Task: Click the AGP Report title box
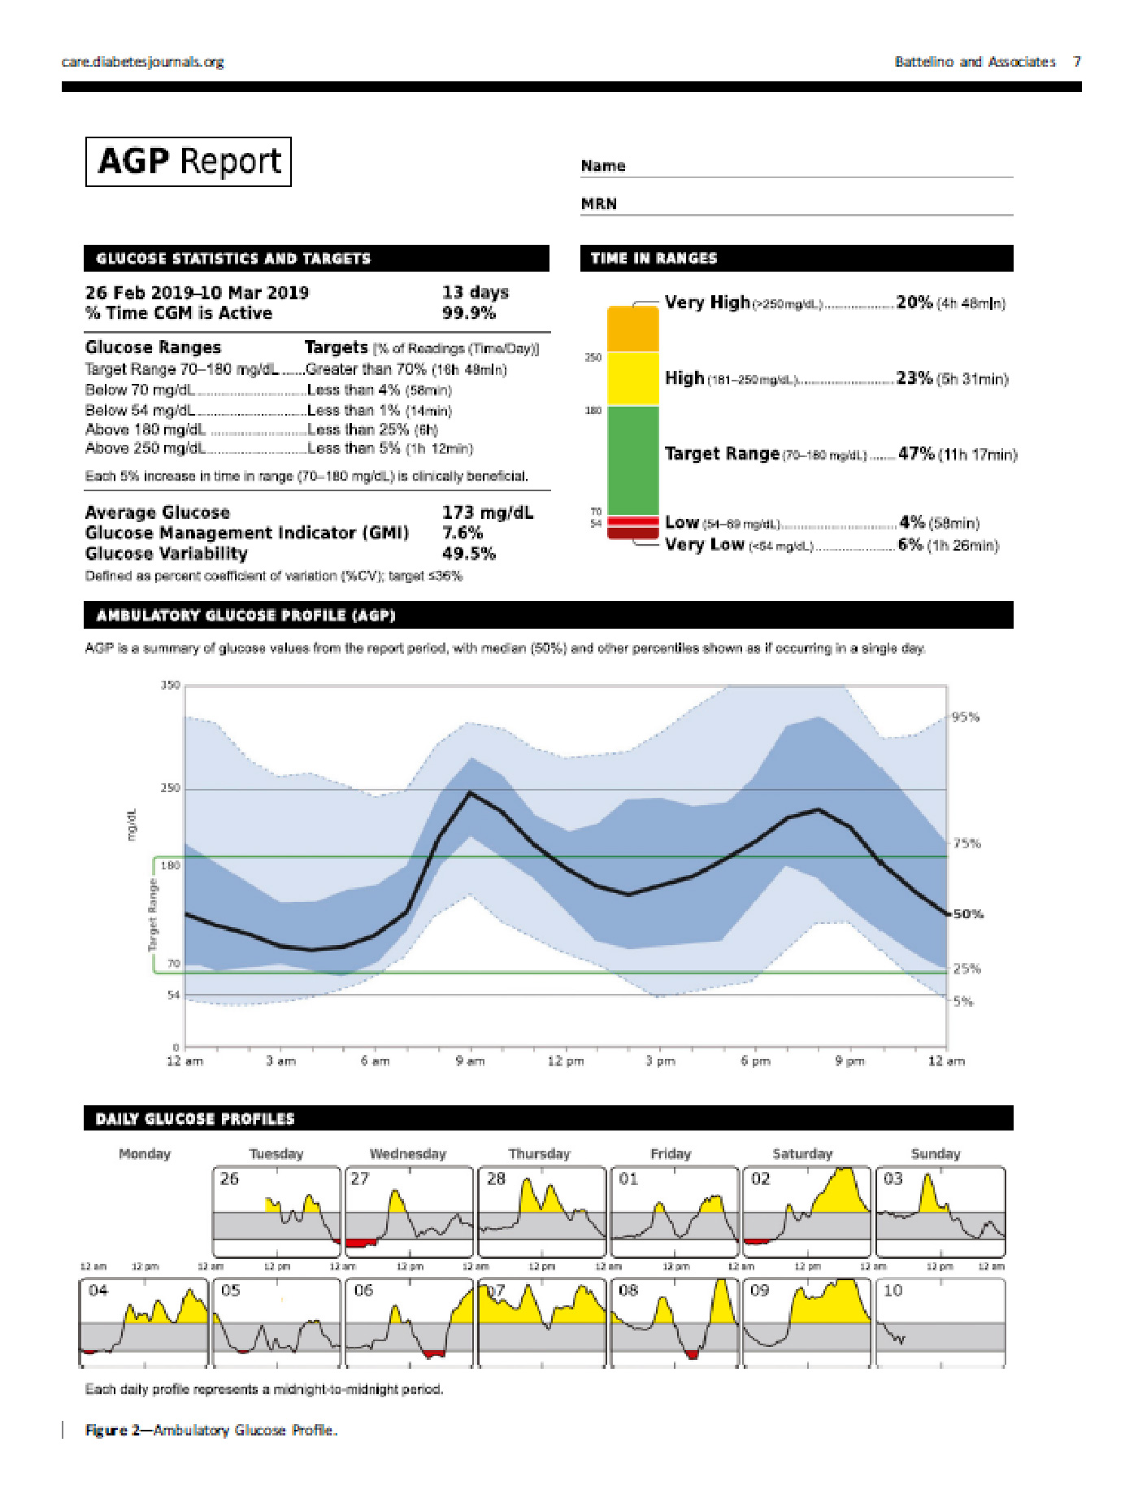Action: pyautogui.click(x=188, y=162)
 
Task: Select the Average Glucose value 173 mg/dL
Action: pyautogui.click(x=487, y=512)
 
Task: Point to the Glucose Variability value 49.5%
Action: pyautogui.click(x=468, y=554)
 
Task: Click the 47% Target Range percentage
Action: pyautogui.click(x=916, y=454)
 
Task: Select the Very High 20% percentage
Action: pyautogui.click(x=914, y=303)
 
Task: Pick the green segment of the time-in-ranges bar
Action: pyautogui.click(x=632, y=460)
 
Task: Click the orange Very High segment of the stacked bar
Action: pyautogui.click(x=632, y=329)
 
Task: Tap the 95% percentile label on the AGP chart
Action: pyautogui.click(x=966, y=717)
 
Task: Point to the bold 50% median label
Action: pyautogui.click(x=968, y=914)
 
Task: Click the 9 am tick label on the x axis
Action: pyautogui.click(x=470, y=1061)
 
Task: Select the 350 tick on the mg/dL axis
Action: pyautogui.click(x=170, y=686)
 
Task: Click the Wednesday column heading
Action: pyautogui.click(x=408, y=1154)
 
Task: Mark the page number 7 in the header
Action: pyautogui.click(x=1076, y=62)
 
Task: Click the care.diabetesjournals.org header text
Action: pyautogui.click(x=142, y=62)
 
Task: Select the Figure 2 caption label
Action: pyautogui.click(x=117, y=1431)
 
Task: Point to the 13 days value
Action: pyautogui.click(x=475, y=292)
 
